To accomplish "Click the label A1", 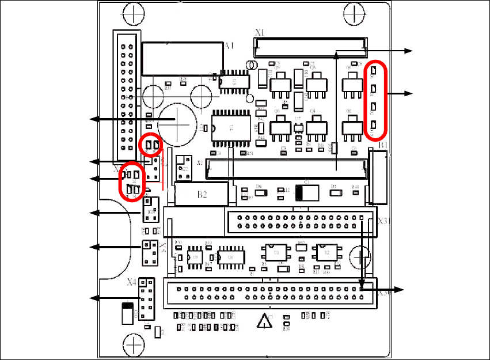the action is click(229, 46).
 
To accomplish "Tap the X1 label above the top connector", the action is click(259, 33).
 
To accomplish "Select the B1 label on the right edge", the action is click(383, 145).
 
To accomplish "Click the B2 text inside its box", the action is click(202, 195).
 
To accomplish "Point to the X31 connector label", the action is click(384, 221).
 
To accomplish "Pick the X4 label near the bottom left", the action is click(132, 282).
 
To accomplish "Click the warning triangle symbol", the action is click(264, 321).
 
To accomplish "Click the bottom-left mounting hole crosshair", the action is click(134, 345).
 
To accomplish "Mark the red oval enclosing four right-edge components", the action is click(374, 100).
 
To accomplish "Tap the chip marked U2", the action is click(325, 252).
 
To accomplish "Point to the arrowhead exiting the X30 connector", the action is click(402, 289).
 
